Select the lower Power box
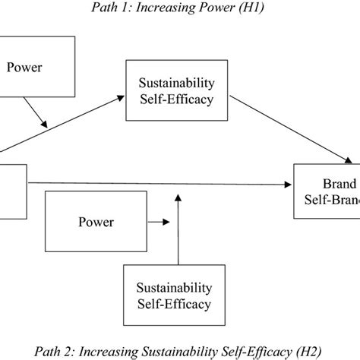(x=96, y=222)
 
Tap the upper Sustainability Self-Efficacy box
(x=176, y=90)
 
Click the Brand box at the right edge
(x=328, y=192)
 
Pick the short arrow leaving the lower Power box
(x=159, y=222)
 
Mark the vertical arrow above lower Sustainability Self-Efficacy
(x=178, y=228)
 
